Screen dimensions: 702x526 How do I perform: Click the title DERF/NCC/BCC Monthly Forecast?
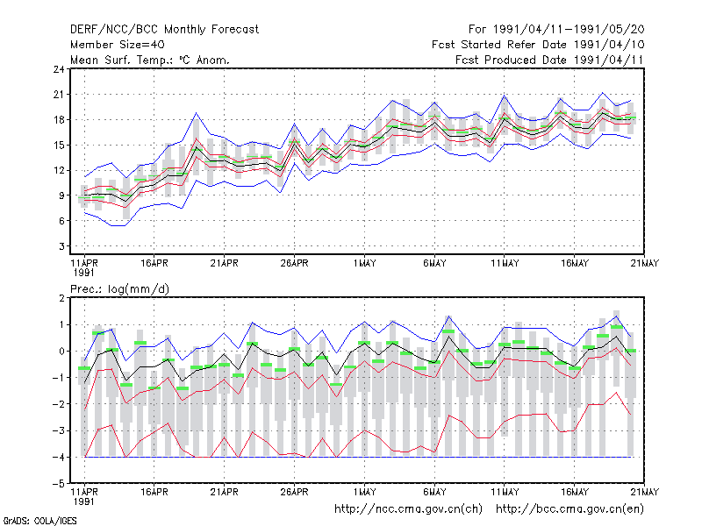click(164, 30)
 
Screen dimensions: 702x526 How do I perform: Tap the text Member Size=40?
click(118, 45)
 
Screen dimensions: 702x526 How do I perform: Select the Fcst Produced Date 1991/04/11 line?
click(549, 60)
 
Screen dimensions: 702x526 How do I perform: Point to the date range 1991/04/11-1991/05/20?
click(569, 30)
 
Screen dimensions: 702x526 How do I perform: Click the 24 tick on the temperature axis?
click(59, 69)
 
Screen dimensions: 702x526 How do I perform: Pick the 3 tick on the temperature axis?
click(61, 246)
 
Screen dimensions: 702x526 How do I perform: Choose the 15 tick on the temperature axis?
click(59, 145)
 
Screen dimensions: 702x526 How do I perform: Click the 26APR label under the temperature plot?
click(294, 263)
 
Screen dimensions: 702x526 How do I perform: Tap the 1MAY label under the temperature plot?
click(364, 263)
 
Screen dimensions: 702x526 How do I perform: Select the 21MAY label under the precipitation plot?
click(644, 492)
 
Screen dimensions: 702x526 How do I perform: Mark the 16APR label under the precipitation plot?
click(154, 492)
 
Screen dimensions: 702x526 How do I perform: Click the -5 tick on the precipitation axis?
click(59, 484)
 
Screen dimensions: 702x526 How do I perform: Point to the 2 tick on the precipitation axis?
click(61, 298)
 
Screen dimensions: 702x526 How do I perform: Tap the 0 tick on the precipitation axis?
click(61, 352)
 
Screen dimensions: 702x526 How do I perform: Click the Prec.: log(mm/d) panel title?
click(119, 289)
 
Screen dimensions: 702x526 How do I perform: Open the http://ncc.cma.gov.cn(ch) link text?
click(408, 508)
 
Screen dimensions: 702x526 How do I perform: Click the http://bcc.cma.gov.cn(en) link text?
click(569, 508)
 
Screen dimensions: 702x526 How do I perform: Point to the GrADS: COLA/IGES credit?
click(39, 521)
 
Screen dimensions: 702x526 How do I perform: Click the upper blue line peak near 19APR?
click(196, 113)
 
